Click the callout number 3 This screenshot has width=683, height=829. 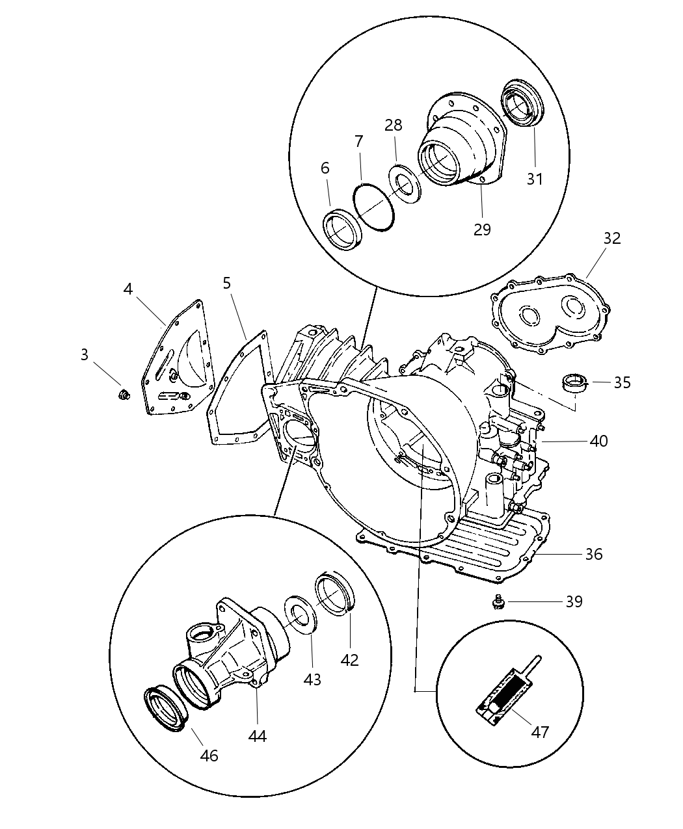tap(85, 355)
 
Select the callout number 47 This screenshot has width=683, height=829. tap(540, 731)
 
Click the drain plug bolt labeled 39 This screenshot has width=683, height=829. tap(500, 604)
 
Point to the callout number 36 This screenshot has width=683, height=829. tap(593, 554)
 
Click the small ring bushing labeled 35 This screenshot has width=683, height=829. tap(574, 383)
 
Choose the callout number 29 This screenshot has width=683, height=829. tap(482, 229)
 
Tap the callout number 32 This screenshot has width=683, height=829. tap(611, 238)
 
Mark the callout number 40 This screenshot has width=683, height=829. tap(598, 441)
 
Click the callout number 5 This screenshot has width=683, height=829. tap(226, 283)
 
